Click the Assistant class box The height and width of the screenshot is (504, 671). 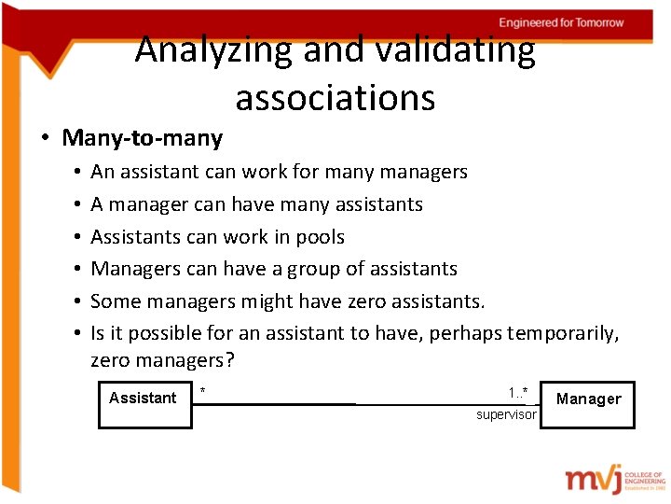[x=144, y=405]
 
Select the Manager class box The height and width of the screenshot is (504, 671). [x=587, y=405]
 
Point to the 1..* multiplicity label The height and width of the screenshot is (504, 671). [x=518, y=392]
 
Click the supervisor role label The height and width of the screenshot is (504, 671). [x=506, y=414]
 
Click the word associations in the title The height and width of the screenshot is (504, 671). [x=335, y=97]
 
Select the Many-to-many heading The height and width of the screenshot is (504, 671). [x=143, y=138]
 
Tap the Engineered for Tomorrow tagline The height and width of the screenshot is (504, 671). [x=561, y=22]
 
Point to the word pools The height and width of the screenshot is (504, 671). [x=320, y=236]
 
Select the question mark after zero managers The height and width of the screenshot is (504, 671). [x=228, y=360]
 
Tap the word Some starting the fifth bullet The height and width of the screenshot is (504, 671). [x=114, y=301]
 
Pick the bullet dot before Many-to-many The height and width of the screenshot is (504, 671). [x=45, y=139]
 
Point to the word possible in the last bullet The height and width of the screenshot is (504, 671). [x=159, y=333]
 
